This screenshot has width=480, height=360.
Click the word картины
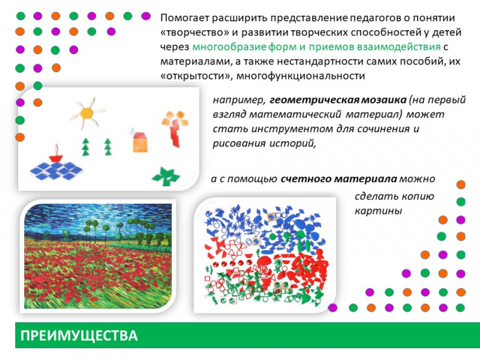pos(378,211)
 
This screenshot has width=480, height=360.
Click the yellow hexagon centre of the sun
pos(87,113)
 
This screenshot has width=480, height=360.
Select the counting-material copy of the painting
pos(264,255)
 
